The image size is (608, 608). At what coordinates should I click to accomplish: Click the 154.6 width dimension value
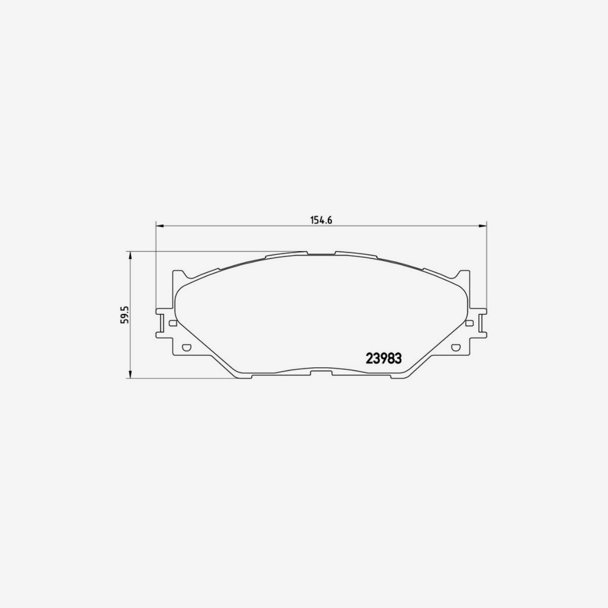click(x=321, y=220)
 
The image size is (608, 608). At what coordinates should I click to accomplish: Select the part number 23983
click(x=384, y=358)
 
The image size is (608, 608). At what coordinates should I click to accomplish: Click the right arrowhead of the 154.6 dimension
click(x=483, y=225)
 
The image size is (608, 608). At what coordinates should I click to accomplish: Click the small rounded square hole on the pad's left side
click(x=173, y=323)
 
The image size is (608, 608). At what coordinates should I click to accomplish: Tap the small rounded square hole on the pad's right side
click(x=470, y=323)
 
